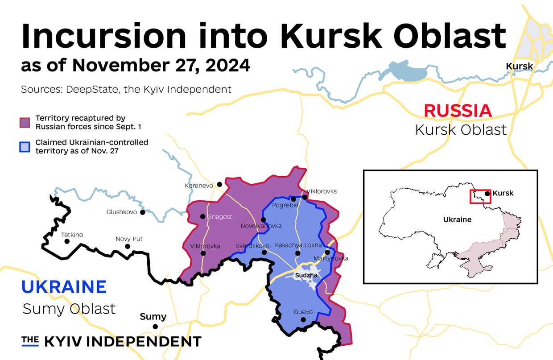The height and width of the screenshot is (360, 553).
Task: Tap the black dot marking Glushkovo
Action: pyautogui.click(x=143, y=212)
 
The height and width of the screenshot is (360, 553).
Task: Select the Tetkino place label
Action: pyautogui.click(x=72, y=235)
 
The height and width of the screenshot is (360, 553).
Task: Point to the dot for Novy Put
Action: pyautogui.click(x=128, y=246)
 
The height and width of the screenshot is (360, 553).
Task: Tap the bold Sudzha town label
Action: pyautogui.click(x=306, y=275)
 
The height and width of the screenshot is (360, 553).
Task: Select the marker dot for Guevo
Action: pyautogui.click(x=303, y=320)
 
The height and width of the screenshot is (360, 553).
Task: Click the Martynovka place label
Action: pyautogui.click(x=331, y=258)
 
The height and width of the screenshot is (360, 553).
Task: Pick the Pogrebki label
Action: pyautogui.click(x=285, y=205)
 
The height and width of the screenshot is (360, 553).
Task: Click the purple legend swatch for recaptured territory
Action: pyautogui.click(x=25, y=122)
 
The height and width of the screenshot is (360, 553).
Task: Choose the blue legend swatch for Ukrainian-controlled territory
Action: pyautogui.click(x=25, y=146)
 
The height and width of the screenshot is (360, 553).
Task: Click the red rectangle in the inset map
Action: pyautogui.click(x=480, y=196)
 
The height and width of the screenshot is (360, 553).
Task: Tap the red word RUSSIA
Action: pyautogui.click(x=458, y=111)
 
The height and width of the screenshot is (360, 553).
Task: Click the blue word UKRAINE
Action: pyautogui.click(x=64, y=287)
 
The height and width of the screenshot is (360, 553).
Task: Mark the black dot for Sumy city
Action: pyautogui.click(x=155, y=327)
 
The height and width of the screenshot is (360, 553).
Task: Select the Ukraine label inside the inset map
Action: pyautogui.click(x=457, y=219)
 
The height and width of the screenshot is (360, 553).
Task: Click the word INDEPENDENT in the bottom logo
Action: pyautogui.click(x=144, y=342)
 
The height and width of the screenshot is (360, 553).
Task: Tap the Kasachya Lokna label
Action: pyautogui.click(x=298, y=245)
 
